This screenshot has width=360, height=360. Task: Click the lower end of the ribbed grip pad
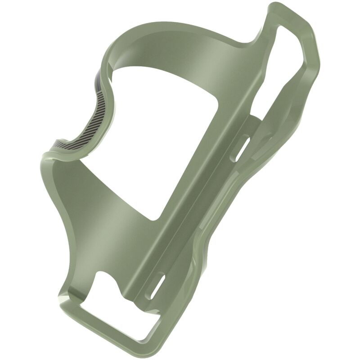point(67,144)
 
